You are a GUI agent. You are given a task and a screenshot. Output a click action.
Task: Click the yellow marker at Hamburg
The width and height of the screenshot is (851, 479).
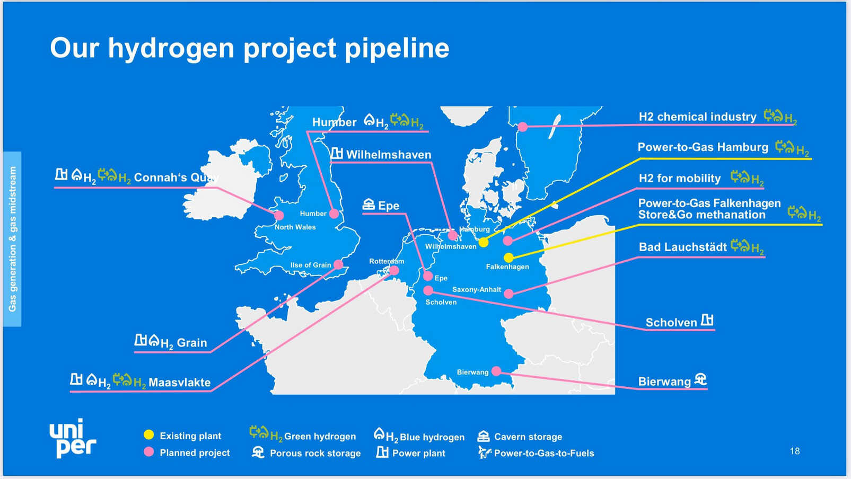click(483, 242)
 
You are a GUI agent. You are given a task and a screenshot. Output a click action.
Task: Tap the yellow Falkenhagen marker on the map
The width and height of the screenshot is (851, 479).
click(508, 258)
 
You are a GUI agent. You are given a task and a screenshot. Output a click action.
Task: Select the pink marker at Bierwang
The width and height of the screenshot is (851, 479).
click(496, 371)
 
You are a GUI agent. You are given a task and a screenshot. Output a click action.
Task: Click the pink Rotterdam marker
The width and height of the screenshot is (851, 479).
click(394, 270)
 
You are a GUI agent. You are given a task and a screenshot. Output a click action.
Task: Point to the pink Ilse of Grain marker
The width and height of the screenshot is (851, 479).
click(338, 264)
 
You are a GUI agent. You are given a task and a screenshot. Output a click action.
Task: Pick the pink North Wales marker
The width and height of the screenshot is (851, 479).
click(279, 215)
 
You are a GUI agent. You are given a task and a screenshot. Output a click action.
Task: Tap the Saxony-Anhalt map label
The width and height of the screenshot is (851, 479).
click(477, 290)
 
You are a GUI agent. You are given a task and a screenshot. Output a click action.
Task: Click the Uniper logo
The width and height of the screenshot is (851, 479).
click(73, 438)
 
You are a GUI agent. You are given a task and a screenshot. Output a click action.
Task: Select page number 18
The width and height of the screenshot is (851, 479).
click(795, 451)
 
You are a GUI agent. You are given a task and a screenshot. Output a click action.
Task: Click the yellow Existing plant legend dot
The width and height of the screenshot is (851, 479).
click(149, 434)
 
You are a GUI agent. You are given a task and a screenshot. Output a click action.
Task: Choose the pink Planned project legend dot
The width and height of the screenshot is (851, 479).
click(149, 451)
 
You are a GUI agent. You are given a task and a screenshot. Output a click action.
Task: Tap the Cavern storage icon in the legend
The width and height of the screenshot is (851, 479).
click(483, 436)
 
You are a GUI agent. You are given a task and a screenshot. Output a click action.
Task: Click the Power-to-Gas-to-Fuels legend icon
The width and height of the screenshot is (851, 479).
click(485, 452)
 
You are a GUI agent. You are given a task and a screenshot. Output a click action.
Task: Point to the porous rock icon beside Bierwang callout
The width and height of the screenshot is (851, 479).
click(700, 379)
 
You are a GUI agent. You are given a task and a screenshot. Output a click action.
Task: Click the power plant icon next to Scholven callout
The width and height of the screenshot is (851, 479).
click(707, 320)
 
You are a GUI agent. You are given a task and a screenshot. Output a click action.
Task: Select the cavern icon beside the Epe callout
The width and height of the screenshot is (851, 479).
click(369, 204)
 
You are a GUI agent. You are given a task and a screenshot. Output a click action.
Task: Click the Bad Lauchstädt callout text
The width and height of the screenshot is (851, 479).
click(683, 247)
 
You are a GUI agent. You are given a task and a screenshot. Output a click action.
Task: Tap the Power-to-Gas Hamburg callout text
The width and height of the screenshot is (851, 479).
click(703, 147)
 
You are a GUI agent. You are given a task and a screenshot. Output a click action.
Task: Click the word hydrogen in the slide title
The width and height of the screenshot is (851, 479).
click(171, 49)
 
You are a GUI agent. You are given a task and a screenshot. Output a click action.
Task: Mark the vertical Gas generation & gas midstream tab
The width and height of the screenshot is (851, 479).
click(13, 239)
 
